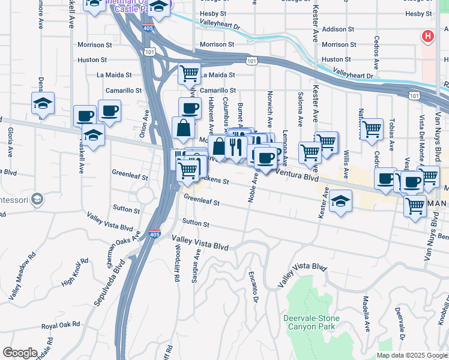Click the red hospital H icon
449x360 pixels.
(427, 37)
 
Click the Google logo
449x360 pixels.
(20, 353)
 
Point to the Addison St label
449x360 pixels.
(334, 29)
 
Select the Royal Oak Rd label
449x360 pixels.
(61, 326)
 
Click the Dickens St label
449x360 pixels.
(216, 179)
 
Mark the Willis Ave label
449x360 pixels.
(346, 165)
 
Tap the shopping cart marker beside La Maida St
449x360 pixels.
(190, 74)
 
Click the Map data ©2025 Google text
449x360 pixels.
(411, 355)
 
